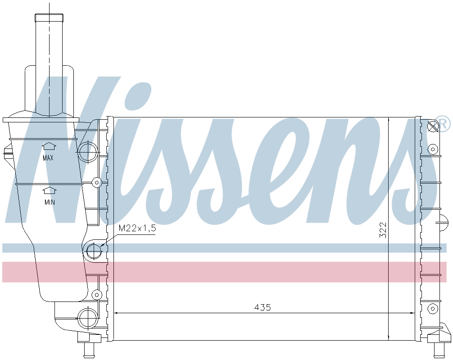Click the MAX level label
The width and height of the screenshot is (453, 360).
pyautogui.click(x=48, y=158)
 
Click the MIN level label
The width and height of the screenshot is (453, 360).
pyautogui.click(x=50, y=202)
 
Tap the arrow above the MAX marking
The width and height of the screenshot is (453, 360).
pyautogui.click(x=50, y=146)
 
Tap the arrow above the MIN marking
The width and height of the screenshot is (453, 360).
pyautogui.click(x=50, y=190)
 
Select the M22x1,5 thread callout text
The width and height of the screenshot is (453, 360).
pyautogui.click(x=137, y=229)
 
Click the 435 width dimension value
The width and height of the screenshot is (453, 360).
pyautogui.click(x=263, y=307)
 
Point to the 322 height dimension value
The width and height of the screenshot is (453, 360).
pyautogui.click(x=383, y=230)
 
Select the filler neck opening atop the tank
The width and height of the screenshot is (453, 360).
pyautogui.click(x=49, y=17)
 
